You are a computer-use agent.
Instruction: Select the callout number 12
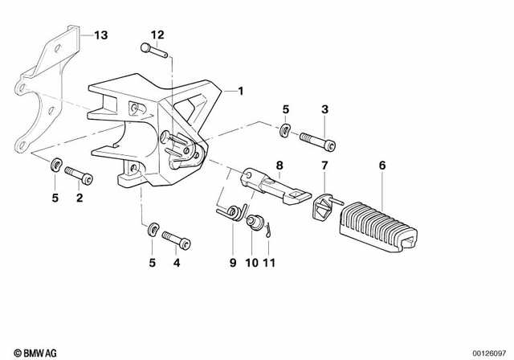[x=157, y=35]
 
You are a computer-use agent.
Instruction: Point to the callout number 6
[x=381, y=166]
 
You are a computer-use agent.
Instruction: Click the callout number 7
[x=324, y=166]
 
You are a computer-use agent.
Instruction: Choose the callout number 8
[x=279, y=166]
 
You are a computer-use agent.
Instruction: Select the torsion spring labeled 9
[x=230, y=212]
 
